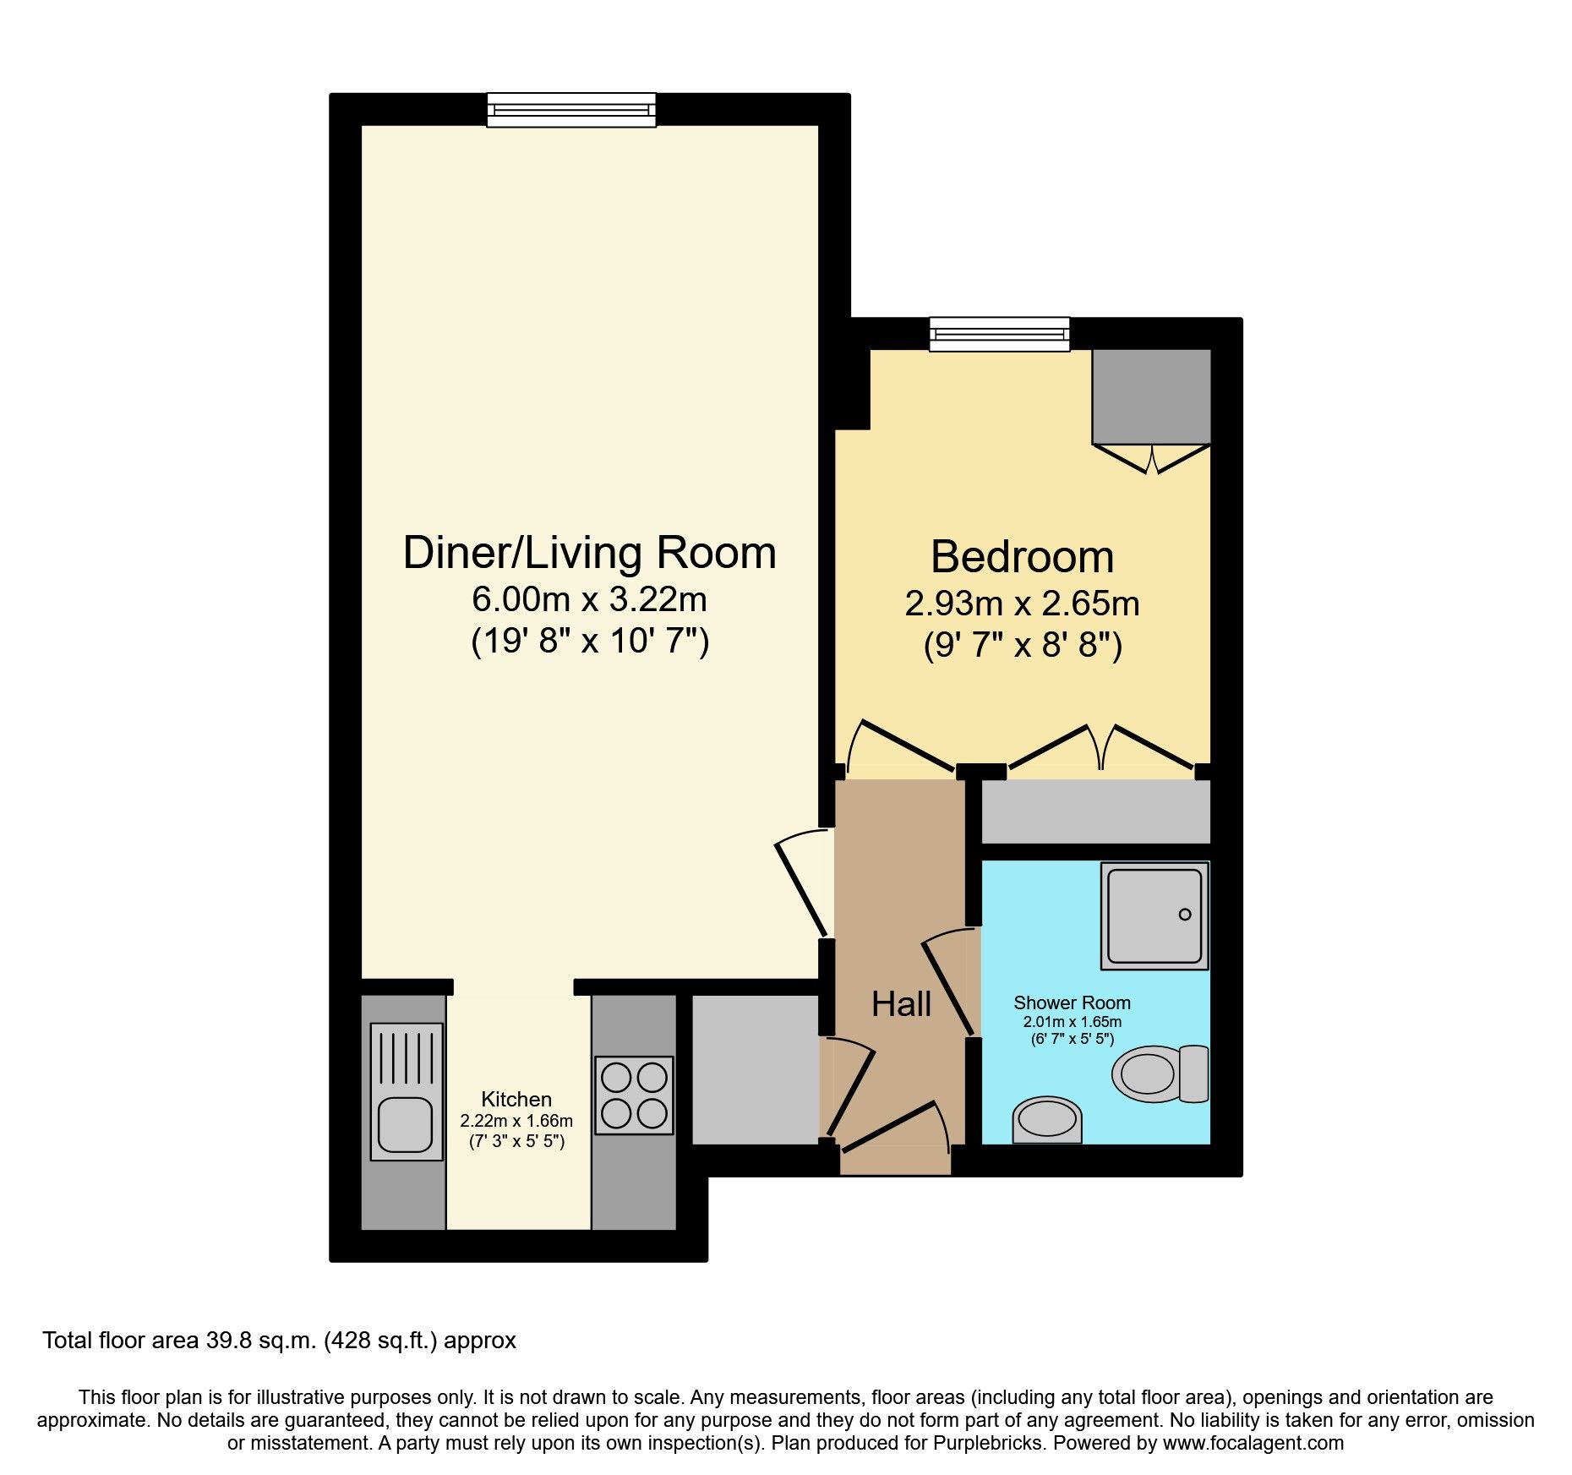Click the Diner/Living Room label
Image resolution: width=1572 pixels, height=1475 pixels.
point(589,554)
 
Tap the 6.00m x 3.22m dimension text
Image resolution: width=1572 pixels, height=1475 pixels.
point(589,599)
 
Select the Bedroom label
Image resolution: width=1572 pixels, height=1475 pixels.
point(1022,557)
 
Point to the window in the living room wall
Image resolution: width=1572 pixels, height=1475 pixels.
point(571,110)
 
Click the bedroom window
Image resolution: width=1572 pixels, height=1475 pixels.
point(999,334)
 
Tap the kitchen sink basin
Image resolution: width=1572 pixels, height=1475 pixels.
point(406,1124)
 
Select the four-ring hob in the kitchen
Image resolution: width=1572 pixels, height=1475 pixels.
point(634,1095)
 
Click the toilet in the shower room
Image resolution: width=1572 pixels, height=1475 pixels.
point(1158,1074)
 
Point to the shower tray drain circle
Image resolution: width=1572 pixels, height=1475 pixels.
point(1184,915)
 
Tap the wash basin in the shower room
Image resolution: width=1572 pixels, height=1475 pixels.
point(1047,1120)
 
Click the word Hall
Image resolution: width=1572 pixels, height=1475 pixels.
point(901,1004)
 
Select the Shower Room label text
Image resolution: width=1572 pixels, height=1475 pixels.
point(1072,1002)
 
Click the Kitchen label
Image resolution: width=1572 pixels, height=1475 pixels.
point(516,1099)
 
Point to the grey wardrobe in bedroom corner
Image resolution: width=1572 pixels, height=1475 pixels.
point(1151,396)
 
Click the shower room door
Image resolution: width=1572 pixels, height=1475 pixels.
point(948,985)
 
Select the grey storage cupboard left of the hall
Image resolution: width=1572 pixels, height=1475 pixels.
point(755,1069)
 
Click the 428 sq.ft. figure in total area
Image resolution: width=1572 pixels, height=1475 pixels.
point(380,1341)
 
